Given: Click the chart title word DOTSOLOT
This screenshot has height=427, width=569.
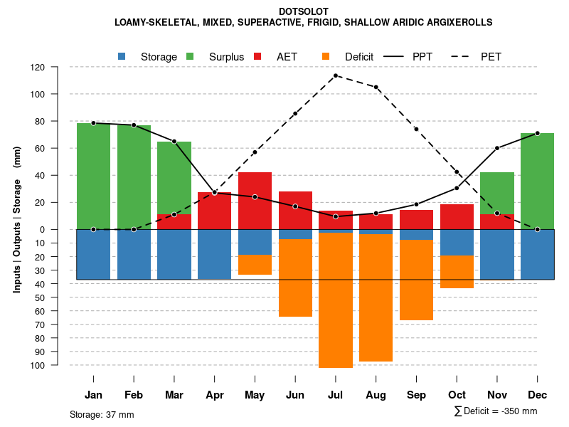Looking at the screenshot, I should click(304, 12).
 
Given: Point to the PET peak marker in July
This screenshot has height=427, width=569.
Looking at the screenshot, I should click(336, 75).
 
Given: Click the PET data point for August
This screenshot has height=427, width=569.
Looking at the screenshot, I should click(376, 88).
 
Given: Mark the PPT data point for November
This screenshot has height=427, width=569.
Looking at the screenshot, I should click(497, 148).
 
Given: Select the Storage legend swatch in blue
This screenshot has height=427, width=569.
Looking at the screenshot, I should click(122, 56).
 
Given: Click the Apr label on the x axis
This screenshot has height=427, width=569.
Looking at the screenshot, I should click(215, 395).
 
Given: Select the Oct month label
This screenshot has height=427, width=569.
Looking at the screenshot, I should click(457, 395).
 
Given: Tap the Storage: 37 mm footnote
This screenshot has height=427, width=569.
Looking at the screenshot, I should click(102, 414).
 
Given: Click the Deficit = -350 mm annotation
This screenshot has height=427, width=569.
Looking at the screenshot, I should click(496, 411).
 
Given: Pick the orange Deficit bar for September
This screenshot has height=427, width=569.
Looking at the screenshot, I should click(416, 280).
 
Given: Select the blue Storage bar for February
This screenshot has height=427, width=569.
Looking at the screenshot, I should click(134, 254).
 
